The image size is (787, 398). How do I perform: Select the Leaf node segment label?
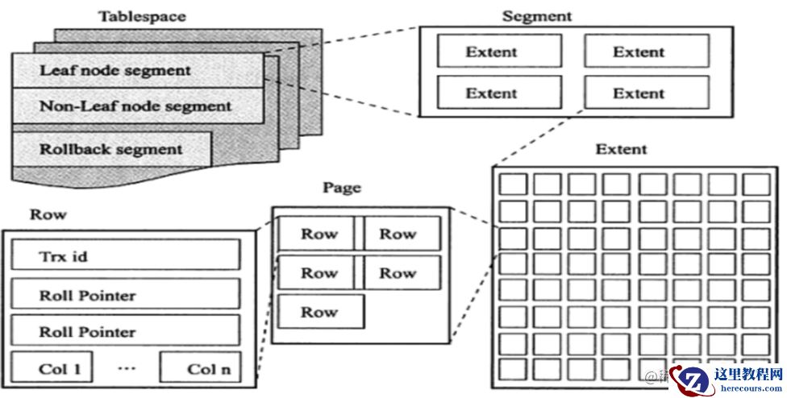pos(115,70)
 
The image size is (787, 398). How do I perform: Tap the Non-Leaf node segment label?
pos(135,106)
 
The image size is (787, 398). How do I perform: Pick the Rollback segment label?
pos(110,149)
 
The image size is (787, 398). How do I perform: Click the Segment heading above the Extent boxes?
pos(536,16)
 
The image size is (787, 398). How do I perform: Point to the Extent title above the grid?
pos(621,150)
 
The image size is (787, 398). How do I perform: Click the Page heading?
pos(342,189)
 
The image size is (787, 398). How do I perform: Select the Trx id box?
pos(126,255)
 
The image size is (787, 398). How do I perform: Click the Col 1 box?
pos(52,368)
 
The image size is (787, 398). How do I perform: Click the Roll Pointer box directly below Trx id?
pos(126,294)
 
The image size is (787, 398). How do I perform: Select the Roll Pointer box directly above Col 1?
pos(126,331)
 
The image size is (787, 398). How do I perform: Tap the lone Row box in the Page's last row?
pos(320,312)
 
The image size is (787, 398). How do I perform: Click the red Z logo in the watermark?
pos(690,379)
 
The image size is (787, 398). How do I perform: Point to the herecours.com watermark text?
pos(748,388)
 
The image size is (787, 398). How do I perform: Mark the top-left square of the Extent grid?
pos(511,184)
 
